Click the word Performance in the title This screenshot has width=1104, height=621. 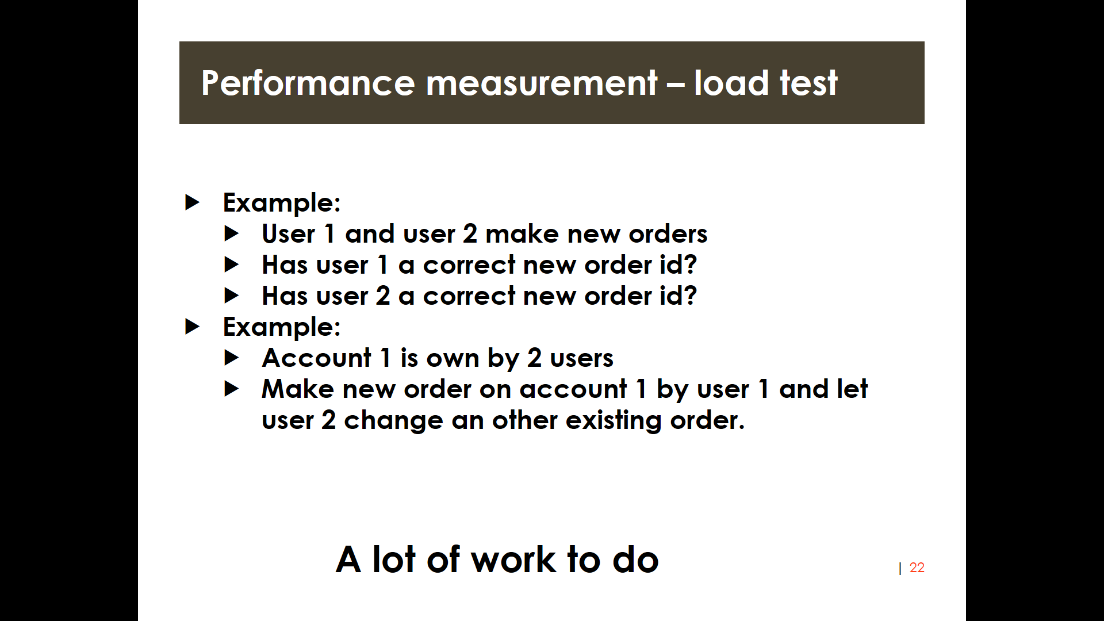coord(308,83)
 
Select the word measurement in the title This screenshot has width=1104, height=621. coord(541,84)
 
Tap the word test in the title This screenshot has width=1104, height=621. coord(808,83)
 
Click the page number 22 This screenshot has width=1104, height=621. coord(917,568)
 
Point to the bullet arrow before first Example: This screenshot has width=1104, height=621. coord(192,202)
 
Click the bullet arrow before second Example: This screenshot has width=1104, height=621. coord(192,327)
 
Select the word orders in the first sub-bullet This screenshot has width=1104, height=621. coord(668,234)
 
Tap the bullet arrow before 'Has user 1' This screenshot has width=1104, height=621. coord(231,264)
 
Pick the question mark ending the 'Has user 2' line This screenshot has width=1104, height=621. coord(691,296)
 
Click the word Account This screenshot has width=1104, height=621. coord(317,358)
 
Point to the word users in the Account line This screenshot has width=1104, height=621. coord(582,359)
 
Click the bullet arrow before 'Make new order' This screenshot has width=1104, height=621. coord(231,389)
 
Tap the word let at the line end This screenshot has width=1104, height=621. coord(852,389)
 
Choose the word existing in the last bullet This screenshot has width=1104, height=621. coord(614,421)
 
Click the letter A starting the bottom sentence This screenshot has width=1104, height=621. coord(348,559)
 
